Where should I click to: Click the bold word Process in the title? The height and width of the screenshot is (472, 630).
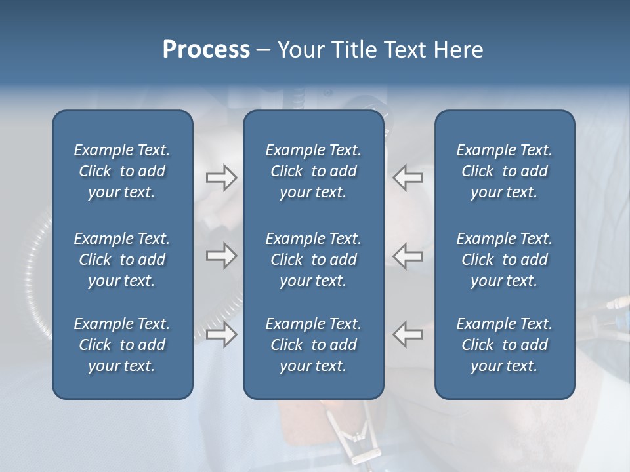pyautogui.click(x=206, y=50)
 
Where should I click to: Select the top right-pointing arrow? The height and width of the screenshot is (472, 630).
pyautogui.click(x=221, y=178)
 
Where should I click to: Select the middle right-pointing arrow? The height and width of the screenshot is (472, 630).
pyautogui.click(x=221, y=256)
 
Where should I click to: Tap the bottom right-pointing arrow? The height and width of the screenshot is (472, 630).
pyautogui.click(x=221, y=334)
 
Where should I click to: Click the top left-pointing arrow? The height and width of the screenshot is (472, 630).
pyautogui.click(x=408, y=178)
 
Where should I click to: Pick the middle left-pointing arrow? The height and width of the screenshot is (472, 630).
pyautogui.click(x=408, y=256)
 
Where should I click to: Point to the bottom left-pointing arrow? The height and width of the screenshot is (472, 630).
pyautogui.click(x=408, y=334)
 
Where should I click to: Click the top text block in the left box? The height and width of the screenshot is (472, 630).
pyautogui.click(x=122, y=171)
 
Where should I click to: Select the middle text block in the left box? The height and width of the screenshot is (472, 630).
pyautogui.click(x=122, y=260)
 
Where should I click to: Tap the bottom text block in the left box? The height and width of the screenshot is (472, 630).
pyautogui.click(x=122, y=345)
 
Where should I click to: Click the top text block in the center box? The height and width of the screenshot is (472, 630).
pyautogui.click(x=314, y=171)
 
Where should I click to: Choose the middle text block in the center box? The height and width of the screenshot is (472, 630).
pyautogui.click(x=314, y=260)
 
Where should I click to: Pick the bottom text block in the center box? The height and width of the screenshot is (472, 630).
pyautogui.click(x=314, y=345)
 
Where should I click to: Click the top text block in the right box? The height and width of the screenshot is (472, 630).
pyautogui.click(x=505, y=171)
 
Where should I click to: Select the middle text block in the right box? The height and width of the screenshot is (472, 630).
pyautogui.click(x=505, y=260)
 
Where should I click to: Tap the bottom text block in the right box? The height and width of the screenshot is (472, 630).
pyautogui.click(x=505, y=345)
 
